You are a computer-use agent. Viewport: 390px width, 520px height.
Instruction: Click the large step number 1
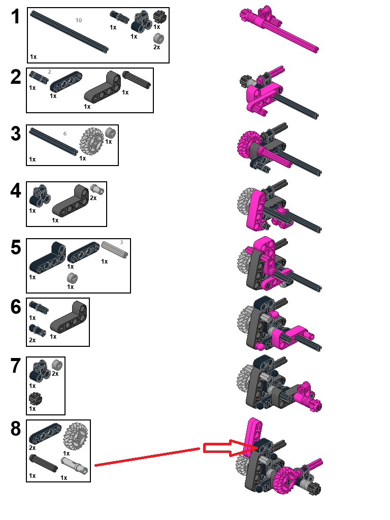(x=16, y=17)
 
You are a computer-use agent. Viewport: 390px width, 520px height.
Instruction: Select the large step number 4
(x=16, y=191)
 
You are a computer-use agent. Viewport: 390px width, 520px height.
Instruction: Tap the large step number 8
(x=16, y=429)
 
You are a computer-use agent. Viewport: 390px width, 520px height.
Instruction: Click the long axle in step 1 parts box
(x=69, y=31)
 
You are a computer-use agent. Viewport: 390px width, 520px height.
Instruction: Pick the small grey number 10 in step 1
(x=78, y=20)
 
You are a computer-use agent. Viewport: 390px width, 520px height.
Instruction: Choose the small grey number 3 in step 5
(x=122, y=242)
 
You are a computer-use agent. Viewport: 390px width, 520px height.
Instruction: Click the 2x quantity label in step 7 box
(x=55, y=374)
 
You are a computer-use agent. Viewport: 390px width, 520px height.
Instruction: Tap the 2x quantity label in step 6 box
(x=32, y=340)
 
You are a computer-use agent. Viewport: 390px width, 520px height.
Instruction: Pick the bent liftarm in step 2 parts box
(x=102, y=87)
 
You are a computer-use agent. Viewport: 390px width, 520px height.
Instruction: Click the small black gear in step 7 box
(x=35, y=398)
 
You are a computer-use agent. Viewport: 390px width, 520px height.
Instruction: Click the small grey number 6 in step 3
(x=65, y=134)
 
